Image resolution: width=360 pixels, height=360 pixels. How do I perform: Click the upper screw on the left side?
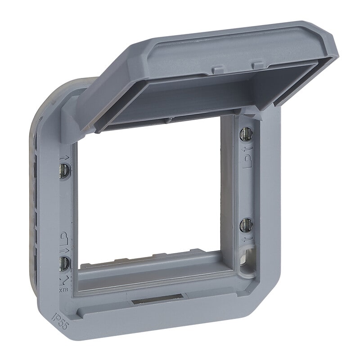[64, 170]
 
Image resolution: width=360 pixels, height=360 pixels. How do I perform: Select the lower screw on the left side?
[64, 263]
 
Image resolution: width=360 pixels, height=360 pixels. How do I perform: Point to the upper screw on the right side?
[246, 133]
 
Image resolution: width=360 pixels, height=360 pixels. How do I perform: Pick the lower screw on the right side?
[246, 224]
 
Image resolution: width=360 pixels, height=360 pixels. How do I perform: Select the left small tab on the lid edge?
[218, 69]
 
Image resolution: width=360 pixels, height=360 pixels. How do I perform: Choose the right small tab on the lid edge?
[257, 65]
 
